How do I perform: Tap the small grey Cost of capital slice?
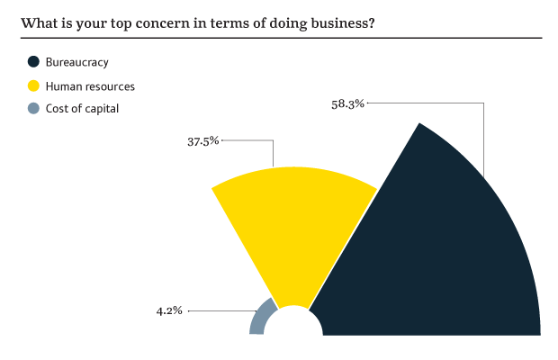[x=261, y=319]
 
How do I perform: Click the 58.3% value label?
[x=347, y=104]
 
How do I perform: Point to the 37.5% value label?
[x=202, y=141]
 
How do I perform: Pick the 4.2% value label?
[x=169, y=310]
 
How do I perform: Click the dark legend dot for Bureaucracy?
[x=33, y=62]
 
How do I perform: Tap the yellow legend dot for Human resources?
[x=33, y=86]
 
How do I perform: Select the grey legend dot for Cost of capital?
[x=33, y=109]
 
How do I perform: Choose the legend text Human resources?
[x=90, y=86]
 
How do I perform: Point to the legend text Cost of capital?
[x=82, y=109]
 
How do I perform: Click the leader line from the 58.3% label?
[x=484, y=135]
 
